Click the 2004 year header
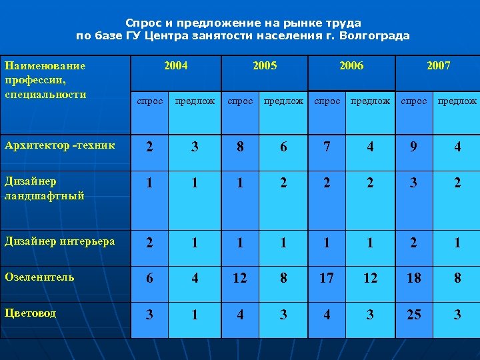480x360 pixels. [176, 66]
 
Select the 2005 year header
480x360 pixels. [265, 66]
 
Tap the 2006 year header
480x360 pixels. [351, 66]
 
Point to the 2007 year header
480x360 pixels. [438, 66]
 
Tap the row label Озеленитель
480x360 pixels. [39, 277]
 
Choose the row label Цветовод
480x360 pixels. [30, 313]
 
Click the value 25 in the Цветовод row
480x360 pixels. [414, 314]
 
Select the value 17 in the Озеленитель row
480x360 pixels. [327, 278]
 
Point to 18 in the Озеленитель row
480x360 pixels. [414, 278]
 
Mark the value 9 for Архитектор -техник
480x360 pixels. [414, 147]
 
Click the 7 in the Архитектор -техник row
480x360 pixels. [327, 147]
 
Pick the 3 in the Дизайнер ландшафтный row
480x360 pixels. [414, 182]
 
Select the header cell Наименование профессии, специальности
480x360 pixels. [45, 80]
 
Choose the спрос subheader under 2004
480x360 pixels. [149, 101]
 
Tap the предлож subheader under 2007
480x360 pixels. [457, 101]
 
